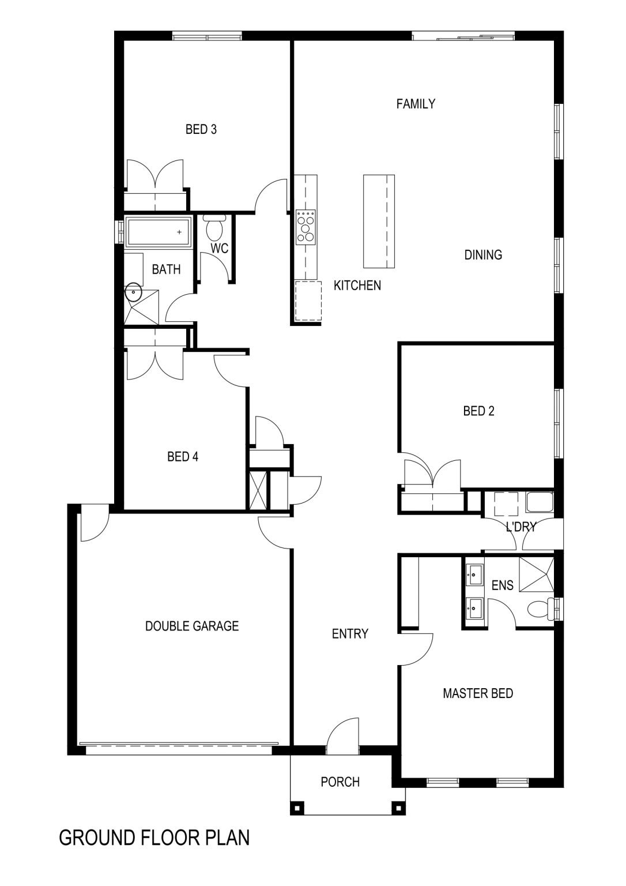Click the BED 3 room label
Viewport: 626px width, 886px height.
tap(201, 129)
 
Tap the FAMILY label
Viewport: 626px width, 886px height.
tap(416, 104)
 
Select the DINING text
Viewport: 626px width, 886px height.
tap(483, 255)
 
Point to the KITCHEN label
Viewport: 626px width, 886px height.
tap(357, 285)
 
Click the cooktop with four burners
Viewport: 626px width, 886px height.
tap(306, 227)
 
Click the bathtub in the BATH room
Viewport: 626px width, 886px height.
tap(159, 232)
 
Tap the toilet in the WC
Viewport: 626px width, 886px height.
tap(214, 228)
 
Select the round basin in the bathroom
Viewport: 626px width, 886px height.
tap(133, 292)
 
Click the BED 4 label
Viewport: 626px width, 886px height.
tap(183, 457)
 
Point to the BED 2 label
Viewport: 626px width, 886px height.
tap(478, 411)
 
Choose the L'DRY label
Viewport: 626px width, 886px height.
tap(521, 527)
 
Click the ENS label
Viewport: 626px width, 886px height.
tap(502, 585)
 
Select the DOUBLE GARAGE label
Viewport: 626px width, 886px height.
tap(192, 626)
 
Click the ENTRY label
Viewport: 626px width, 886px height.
tap(350, 634)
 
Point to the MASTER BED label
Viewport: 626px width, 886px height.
tap(478, 693)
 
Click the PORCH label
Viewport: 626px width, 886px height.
tap(340, 782)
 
